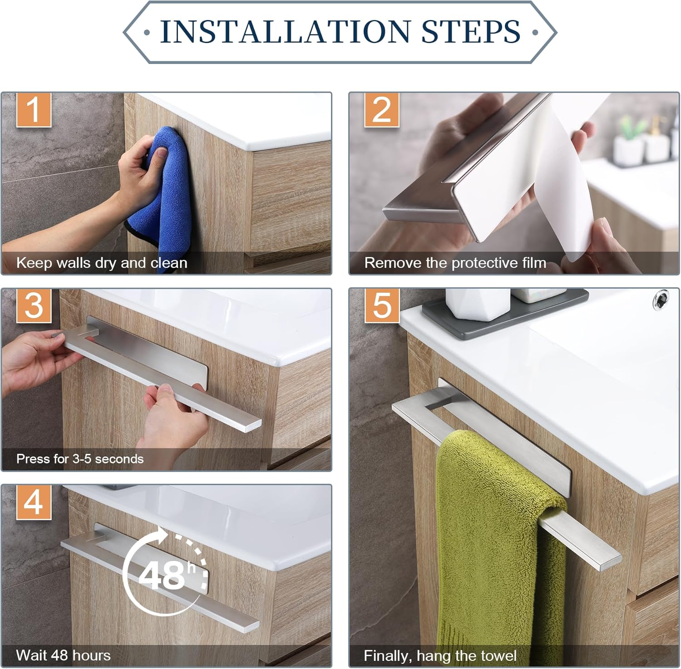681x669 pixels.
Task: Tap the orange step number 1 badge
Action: pyautogui.click(x=34, y=110)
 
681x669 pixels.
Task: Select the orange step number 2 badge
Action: pyautogui.click(x=381, y=110)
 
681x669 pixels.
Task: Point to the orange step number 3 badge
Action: pyautogui.click(x=34, y=306)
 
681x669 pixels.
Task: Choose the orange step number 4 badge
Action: pyautogui.click(x=34, y=502)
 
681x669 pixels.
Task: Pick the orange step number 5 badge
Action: pyautogui.click(x=381, y=306)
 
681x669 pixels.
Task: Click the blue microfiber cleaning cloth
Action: pyautogui.click(x=159, y=191)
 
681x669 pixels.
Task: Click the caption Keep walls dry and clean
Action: pyautogui.click(x=102, y=263)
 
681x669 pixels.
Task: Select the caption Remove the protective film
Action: pyautogui.click(x=455, y=263)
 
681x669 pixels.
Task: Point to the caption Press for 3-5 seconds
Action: pyautogui.click(x=80, y=459)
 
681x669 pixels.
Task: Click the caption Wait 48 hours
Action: pyautogui.click(x=63, y=655)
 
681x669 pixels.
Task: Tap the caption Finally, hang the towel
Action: pyautogui.click(x=440, y=656)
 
